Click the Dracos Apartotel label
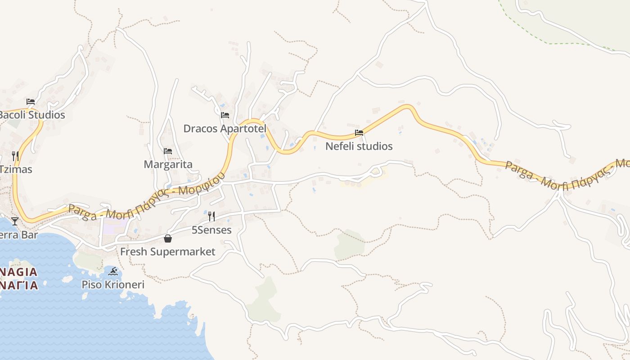(x=225, y=129)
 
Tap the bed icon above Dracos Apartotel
(x=225, y=115)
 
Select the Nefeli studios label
(x=359, y=146)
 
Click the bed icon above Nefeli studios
(x=359, y=133)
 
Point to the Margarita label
(x=168, y=165)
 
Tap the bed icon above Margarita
(x=168, y=151)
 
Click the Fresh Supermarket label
(x=167, y=252)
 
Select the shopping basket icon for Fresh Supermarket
(x=168, y=238)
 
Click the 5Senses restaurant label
(x=211, y=230)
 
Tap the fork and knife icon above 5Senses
(x=211, y=216)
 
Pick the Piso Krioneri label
(x=113, y=285)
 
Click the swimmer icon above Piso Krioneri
(x=113, y=271)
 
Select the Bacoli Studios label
(x=31, y=115)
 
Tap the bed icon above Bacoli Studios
(x=31, y=101)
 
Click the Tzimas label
(x=16, y=169)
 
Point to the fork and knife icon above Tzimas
(x=15, y=156)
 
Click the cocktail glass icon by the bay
(x=15, y=221)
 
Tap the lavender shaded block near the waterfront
(x=108, y=226)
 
